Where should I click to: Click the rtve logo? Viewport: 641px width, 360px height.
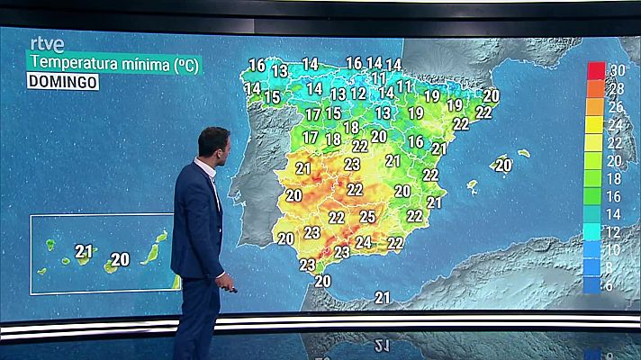pos(47,44)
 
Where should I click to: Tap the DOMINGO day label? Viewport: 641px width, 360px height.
pos(63,82)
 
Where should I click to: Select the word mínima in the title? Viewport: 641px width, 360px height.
pos(141,63)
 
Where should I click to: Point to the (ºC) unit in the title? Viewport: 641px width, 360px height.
pos(185,63)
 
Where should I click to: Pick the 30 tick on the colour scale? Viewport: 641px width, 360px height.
pos(618,70)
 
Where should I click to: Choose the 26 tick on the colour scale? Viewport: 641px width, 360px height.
pos(618,106)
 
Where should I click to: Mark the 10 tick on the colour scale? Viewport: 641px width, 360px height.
pos(618,249)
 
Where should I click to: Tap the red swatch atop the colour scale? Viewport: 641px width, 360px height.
pos(594,70)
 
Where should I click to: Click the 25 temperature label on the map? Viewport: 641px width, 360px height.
pos(367,216)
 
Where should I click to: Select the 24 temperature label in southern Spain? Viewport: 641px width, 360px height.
pos(363,241)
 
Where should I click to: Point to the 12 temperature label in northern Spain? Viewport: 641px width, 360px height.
pos(358,94)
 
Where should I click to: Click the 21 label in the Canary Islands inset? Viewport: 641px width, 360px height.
pos(85,251)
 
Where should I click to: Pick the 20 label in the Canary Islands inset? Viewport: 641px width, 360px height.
pos(120,259)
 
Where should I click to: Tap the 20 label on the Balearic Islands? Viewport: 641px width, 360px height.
pos(503,165)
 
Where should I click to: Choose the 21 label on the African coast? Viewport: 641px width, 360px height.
pos(384,297)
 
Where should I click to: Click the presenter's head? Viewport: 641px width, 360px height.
pos(214,144)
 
